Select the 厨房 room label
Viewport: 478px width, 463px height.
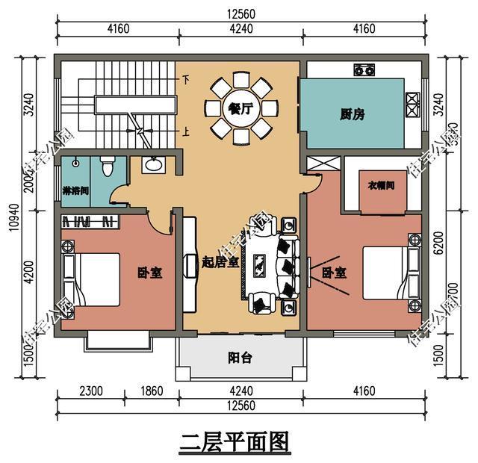point(352,114)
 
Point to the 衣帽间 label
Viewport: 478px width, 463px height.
point(381,184)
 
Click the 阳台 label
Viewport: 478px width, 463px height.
point(240,357)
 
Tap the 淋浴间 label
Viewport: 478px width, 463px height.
point(75,191)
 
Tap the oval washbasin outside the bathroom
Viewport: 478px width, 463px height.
point(155,164)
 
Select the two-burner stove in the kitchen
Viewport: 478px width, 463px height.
point(364,69)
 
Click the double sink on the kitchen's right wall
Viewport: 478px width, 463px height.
point(412,103)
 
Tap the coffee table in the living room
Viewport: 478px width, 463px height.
point(261,264)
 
